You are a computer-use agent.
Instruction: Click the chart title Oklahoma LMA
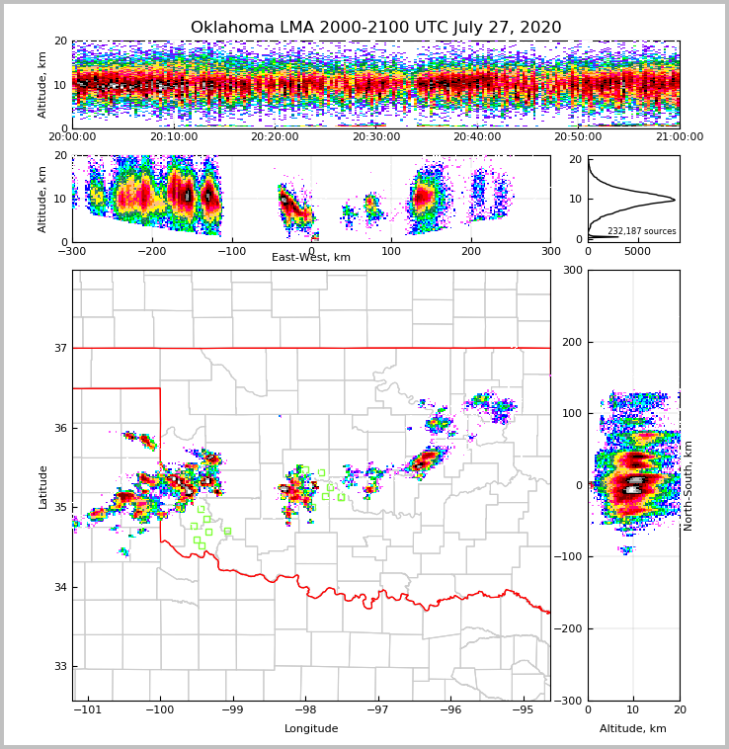coord(375,28)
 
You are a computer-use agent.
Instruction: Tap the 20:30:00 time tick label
coord(376,137)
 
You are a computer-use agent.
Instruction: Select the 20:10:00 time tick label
coord(174,137)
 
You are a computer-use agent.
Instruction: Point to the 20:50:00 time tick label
coord(578,137)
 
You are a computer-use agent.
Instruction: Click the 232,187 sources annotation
coord(641,231)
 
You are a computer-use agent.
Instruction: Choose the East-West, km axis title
coord(311,258)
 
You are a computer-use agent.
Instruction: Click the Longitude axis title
coord(311,729)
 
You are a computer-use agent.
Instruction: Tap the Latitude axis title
coord(42,486)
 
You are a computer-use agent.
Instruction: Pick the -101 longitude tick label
coord(88,709)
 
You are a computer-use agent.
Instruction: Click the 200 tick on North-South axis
coord(571,342)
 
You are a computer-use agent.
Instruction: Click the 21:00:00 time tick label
coord(679,137)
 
